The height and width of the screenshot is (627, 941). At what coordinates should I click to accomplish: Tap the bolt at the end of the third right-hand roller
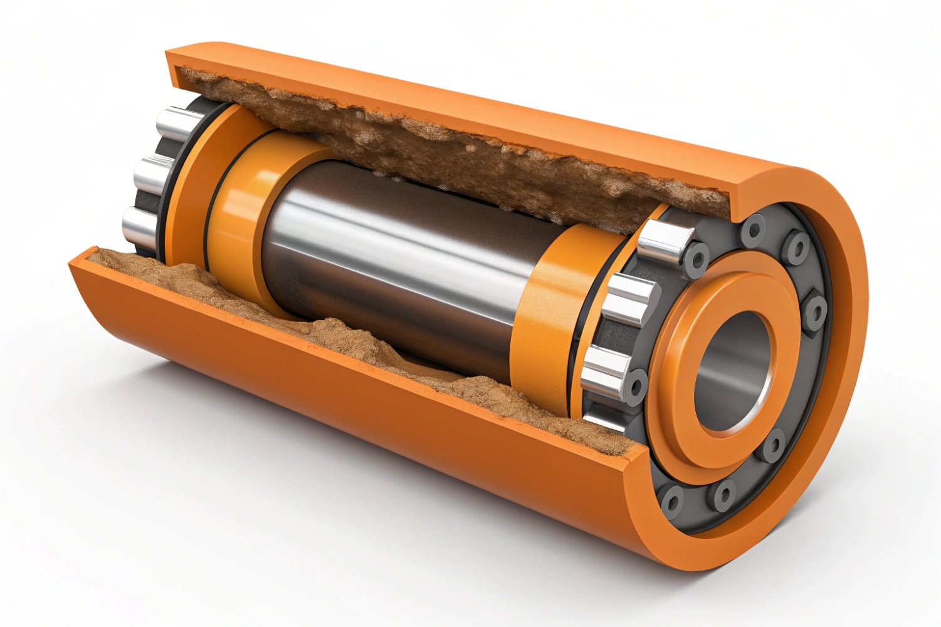(x=636, y=383)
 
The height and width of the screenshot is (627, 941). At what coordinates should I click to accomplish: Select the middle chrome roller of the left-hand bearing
(x=153, y=175)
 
